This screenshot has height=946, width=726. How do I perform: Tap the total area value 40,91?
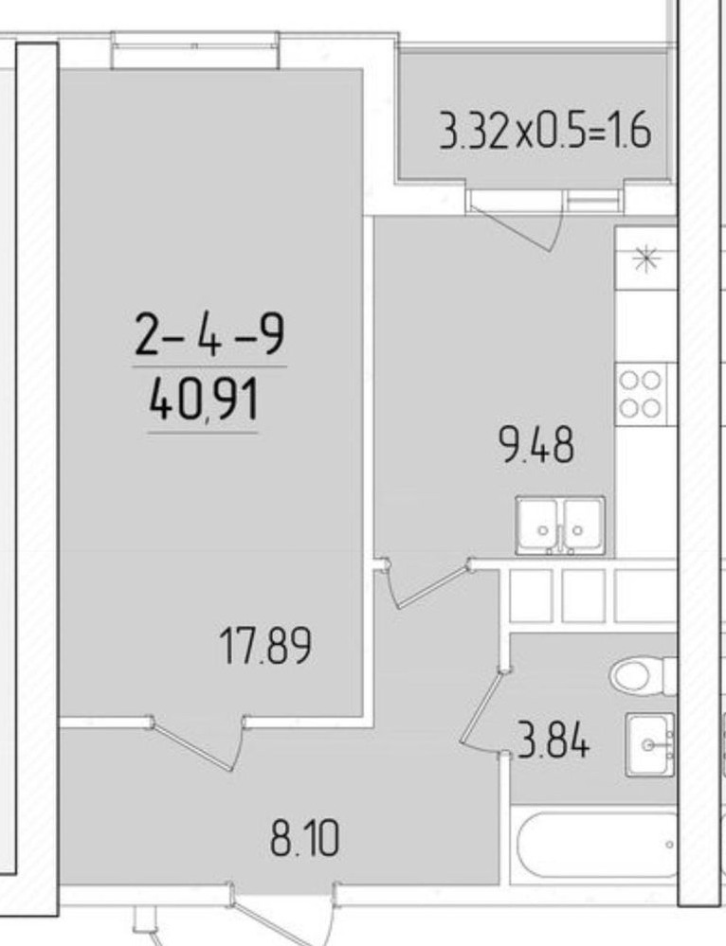point(204,401)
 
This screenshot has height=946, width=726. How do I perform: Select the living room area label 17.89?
point(265,646)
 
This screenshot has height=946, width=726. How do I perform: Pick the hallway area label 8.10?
point(305,839)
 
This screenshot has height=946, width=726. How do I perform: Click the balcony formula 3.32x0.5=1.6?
point(545,131)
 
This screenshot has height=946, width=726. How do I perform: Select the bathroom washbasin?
point(650,744)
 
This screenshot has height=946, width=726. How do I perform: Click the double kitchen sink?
point(560,525)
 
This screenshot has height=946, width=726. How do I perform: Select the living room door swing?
point(199,743)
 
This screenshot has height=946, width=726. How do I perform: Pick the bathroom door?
point(481,709)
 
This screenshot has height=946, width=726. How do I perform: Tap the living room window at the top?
point(194,50)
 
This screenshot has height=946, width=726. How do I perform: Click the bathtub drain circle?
point(669,845)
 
